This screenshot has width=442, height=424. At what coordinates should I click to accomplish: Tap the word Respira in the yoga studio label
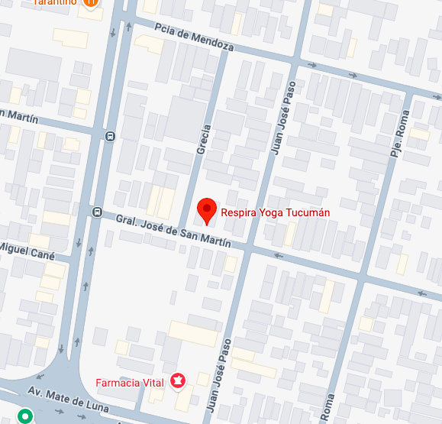(237, 213)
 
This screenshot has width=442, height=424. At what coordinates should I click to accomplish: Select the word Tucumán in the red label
(308, 213)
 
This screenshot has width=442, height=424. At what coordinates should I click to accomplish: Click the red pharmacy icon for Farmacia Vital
(179, 380)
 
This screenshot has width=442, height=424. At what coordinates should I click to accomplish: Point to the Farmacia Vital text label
(128, 382)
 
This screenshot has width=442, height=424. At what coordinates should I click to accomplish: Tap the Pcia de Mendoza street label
(193, 37)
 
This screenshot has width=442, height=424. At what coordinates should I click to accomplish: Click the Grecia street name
(203, 140)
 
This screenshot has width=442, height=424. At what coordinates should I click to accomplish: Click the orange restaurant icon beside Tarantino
(91, 3)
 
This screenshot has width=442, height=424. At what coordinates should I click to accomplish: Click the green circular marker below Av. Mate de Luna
(25, 417)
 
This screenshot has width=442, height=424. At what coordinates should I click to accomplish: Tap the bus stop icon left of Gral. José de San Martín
(97, 212)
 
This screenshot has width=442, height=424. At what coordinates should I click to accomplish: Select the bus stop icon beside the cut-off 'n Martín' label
(110, 137)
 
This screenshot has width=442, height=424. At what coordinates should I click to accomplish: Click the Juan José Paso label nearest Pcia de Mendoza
(282, 115)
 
